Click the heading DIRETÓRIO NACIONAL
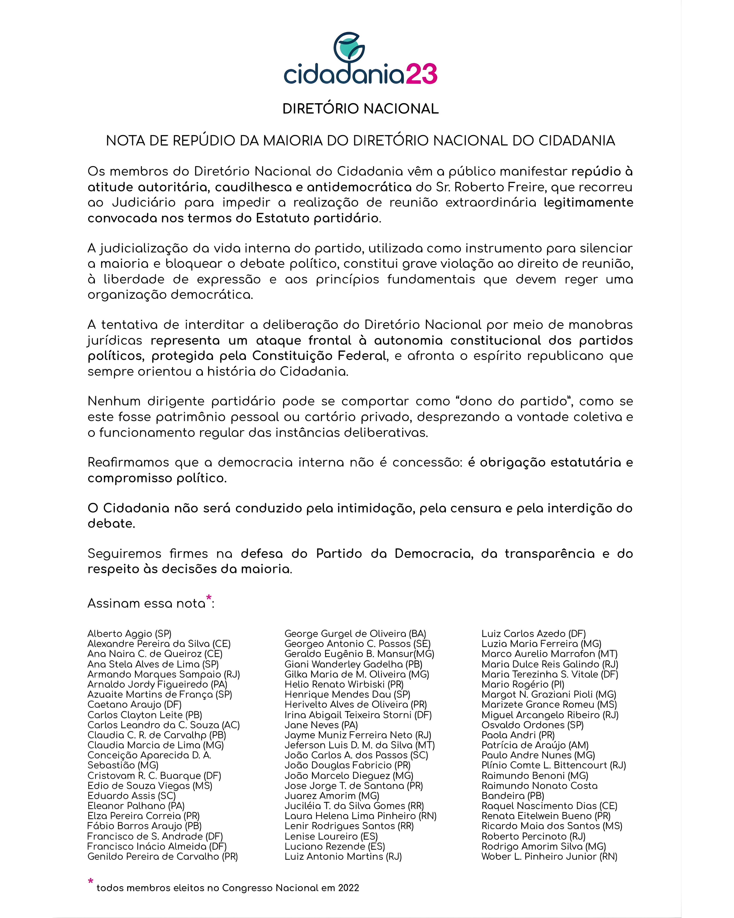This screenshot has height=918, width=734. point(360,109)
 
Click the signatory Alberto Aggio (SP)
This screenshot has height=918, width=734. point(129,634)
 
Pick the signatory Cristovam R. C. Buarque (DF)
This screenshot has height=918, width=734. point(154,776)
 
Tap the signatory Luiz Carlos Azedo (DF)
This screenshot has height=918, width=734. point(533,634)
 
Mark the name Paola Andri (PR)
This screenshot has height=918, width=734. point(518,735)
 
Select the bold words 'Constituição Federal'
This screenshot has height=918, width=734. point(319,356)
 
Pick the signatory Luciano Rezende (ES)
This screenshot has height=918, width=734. point(334,846)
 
